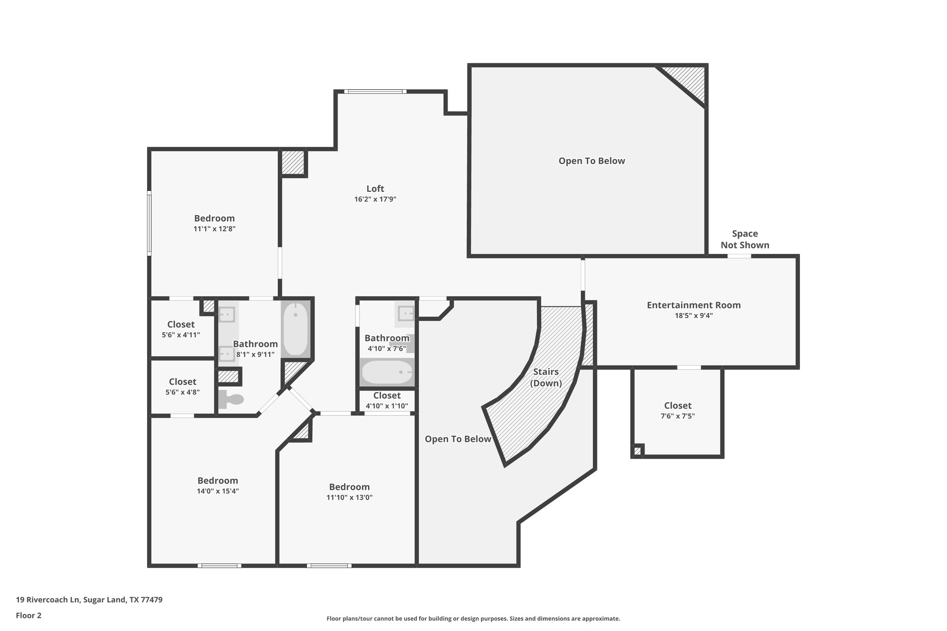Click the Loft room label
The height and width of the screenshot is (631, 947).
(x=375, y=189)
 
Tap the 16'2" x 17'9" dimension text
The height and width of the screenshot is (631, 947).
(x=375, y=199)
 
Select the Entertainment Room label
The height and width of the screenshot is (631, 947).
(x=693, y=305)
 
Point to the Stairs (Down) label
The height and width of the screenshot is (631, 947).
(x=546, y=377)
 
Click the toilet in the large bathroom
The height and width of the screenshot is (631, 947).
(x=231, y=399)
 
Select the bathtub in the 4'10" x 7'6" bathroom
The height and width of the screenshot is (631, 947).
(x=387, y=372)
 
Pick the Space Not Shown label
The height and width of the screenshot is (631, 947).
(x=744, y=239)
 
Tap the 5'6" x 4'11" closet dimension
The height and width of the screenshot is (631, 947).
(x=181, y=335)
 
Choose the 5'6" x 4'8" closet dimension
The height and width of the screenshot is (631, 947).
(x=182, y=392)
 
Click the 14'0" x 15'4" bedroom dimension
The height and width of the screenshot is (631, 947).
(x=217, y=491)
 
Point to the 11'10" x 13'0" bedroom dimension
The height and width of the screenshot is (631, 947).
(x=349, y=497)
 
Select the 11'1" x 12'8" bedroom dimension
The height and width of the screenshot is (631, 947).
(x=214, y=228)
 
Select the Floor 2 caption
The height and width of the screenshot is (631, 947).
(x=29, y=615)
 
